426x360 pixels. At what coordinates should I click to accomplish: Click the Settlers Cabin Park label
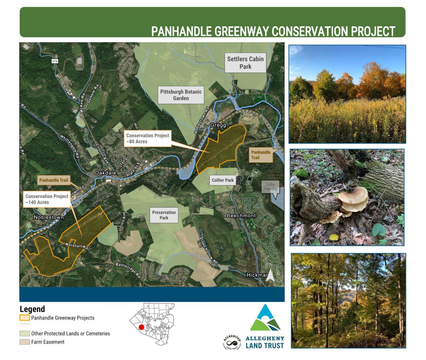pos(245,63)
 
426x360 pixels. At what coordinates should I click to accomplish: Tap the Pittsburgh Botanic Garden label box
pos(181,95)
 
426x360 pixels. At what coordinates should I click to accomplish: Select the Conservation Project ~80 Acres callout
pos(148,139)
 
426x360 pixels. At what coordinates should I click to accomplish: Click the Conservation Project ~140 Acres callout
pos(47,199)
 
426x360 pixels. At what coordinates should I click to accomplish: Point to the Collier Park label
pos(222,180)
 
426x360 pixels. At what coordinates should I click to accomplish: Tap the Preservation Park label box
pos(164,215)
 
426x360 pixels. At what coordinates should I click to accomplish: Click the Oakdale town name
pos(105,173)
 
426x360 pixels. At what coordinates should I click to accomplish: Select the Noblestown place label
pos(49,217)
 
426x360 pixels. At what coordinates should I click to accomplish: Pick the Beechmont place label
pos(241,216)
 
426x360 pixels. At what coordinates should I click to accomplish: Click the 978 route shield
pos(55,61)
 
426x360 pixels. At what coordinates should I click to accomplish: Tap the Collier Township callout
pos(270,187)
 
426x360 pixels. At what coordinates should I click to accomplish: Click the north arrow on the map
pos(270,276)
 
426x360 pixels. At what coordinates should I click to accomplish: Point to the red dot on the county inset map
pos(141,327)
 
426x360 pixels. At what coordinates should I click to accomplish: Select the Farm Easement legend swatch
pos(24,342)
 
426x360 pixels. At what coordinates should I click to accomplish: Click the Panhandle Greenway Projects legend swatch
pos(24,318)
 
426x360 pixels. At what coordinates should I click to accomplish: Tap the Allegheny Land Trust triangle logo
pos(265,318)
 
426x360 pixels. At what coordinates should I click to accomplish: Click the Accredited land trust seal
pos(232,343)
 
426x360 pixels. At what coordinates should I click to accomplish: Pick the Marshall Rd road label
pos(77,246)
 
